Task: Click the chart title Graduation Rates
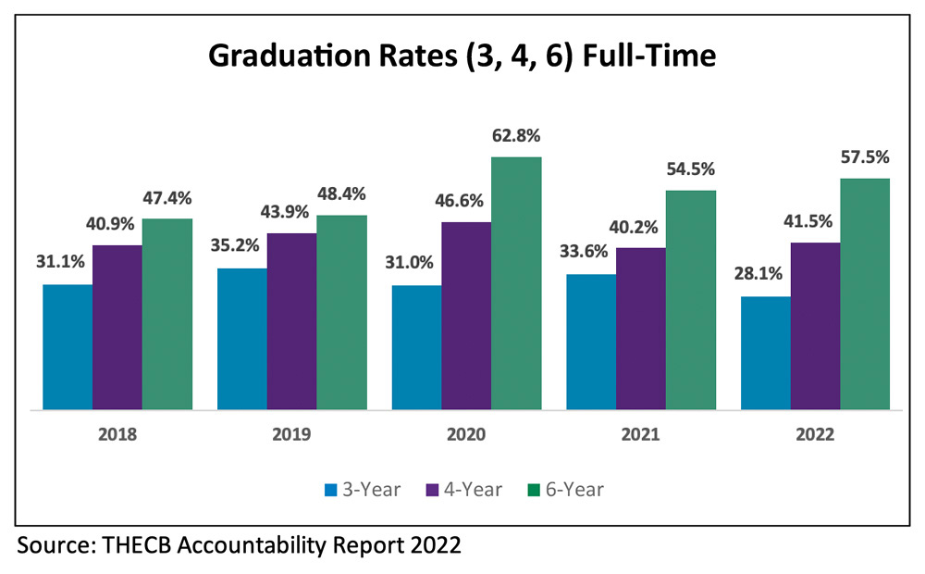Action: tap(462, 57)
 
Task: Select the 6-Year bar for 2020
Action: tap(516, 282)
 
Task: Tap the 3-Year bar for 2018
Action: tap(68, 346)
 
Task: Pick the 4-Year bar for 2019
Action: tap(292, 320)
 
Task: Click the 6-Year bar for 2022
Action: tap(865, 293)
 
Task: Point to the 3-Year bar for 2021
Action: tap(591, 342)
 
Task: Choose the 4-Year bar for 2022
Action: tap(815, 325)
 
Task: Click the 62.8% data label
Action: tap(516, 136)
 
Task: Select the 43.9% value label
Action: tap(292, 212)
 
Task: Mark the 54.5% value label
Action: tap(691, 169)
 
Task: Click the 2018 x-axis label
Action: tap(117, 434)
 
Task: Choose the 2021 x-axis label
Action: tap(641, 434)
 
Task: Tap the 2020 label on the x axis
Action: tap(466, 434)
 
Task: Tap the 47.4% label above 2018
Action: tap(167, 198)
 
